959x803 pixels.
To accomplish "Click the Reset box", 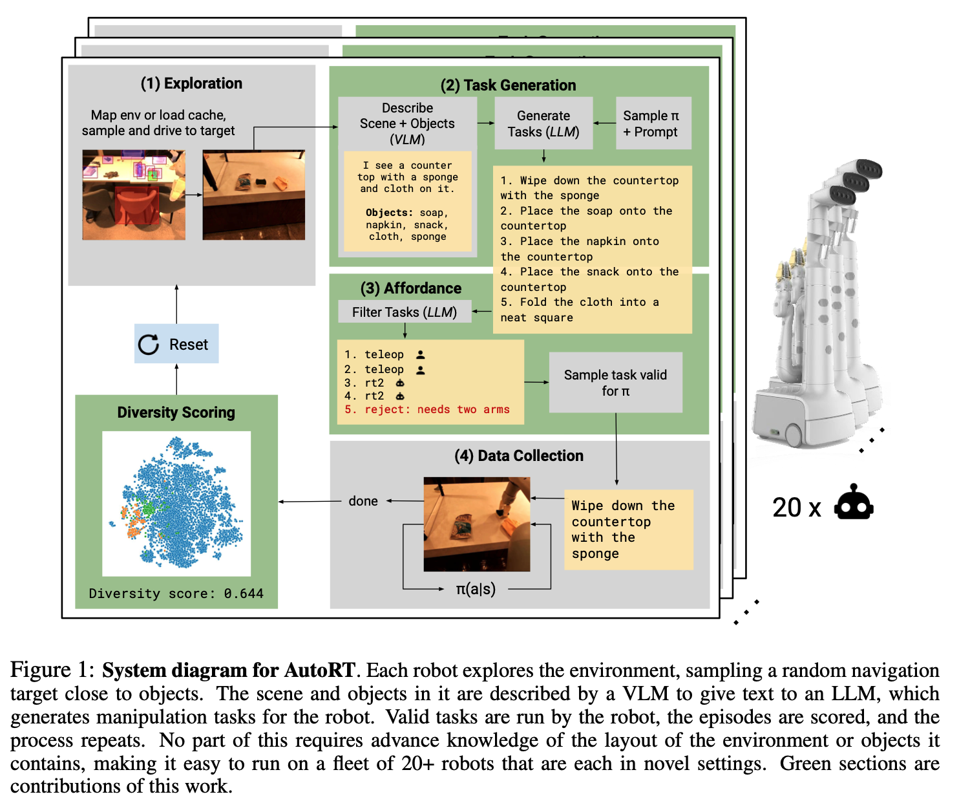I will coord(176,344).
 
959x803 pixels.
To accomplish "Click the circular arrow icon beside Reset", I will coord(149,345).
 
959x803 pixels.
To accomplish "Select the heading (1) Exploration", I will coord(191,83).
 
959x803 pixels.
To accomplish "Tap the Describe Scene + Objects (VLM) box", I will coord(407,123).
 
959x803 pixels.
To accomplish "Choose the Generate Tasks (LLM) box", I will coord(543,123).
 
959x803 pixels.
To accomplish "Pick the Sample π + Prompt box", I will coord(653,123).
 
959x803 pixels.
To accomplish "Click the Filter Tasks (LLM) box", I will coord(405,312).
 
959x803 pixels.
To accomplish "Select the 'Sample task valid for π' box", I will coord(615,383).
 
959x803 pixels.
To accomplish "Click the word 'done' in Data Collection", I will coord(363,501).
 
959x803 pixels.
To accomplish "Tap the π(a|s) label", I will coord(476,589).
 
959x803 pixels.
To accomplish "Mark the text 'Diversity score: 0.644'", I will coord(176,594).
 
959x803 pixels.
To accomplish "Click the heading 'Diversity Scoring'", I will coord(176,412).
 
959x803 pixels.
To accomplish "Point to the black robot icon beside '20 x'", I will coord(854,503).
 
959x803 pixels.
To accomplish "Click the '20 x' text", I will coord(796,508).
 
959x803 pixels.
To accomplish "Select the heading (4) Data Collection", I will coord(519,456).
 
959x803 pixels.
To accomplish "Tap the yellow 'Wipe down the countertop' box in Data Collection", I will coord(628,530).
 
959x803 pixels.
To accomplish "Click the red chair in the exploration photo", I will coord(136,207).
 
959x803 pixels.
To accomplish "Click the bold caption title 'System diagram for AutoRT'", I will coord(228,670).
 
